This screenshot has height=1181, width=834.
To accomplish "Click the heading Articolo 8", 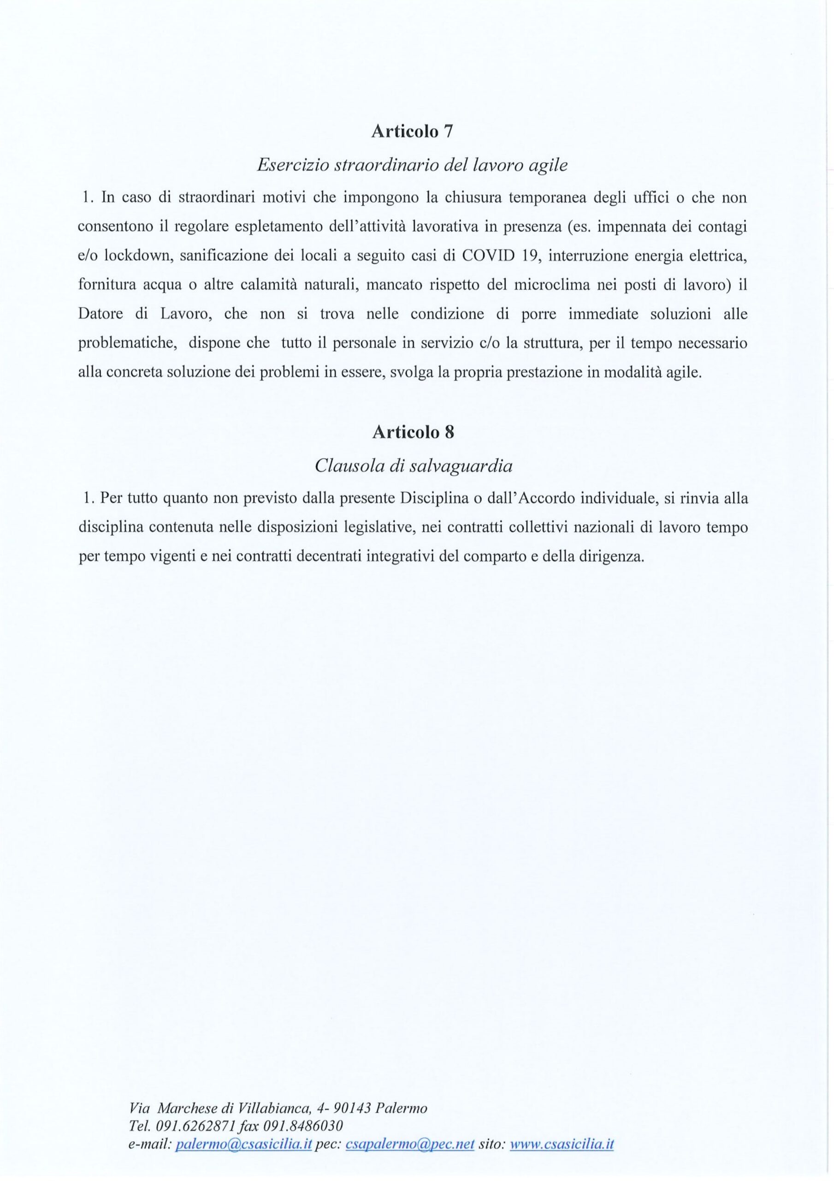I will (x=413, y=432).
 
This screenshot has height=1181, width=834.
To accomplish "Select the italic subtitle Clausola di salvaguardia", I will (x=414, y=466).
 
